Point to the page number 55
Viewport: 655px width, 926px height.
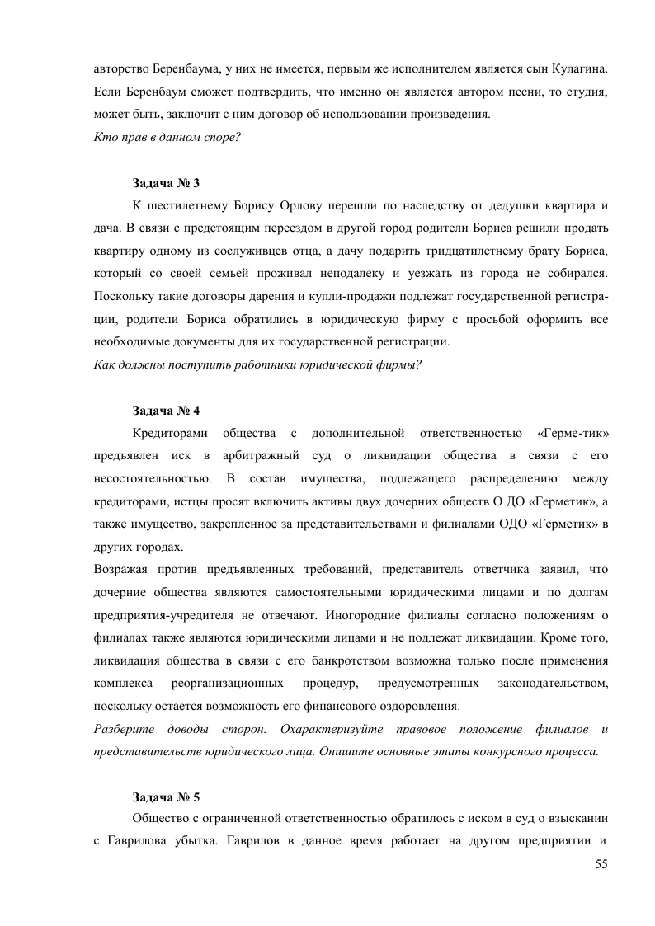coord(601,863)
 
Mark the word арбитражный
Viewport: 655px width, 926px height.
coord(252,455)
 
